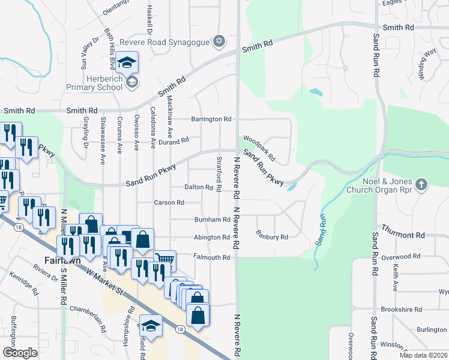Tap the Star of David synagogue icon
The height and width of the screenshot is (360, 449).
pyautogui.click(x=220, y=41)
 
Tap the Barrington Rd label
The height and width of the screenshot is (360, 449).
pyautogui.click(x=211, y=119)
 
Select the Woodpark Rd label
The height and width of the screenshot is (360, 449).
pyautogui.click(x=259, y=148)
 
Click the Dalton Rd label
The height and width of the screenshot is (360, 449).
pyautogui.click(x=199, y=188)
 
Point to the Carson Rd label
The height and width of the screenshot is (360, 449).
pyautogui.click(x=169, y=203)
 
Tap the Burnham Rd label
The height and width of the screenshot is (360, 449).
pyautogui.click(x=212, y=220)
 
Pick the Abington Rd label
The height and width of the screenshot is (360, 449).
pyautogui.click(x=211, y=238)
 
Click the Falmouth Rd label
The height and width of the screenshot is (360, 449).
pyautogui.click(x=211, y=257)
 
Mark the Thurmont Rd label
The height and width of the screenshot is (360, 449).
pyautogui.click(x=405, y=235)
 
